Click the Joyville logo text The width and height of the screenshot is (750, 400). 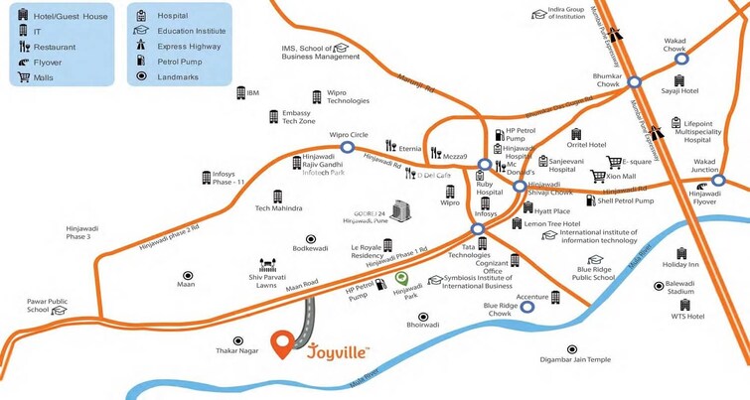338,350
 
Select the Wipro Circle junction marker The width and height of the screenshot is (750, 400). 348,147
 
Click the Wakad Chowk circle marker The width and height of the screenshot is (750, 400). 680,57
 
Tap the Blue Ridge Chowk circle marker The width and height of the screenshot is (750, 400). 527,307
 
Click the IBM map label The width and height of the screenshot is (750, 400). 252,92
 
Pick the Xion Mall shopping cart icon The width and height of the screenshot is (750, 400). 597,177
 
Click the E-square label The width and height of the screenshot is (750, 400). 637,162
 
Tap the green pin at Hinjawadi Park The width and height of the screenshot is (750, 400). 401,279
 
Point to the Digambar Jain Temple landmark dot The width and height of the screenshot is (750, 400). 572,348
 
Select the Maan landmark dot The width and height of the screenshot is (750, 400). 186,275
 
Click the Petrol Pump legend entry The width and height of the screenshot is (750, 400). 179,60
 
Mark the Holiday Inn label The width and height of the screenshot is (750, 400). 680,265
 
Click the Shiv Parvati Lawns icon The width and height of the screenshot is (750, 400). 266,265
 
